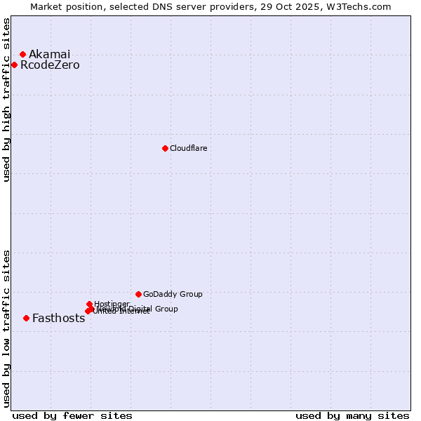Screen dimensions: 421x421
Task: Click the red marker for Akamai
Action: coord(22,54)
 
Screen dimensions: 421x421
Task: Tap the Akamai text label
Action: coord(49,54)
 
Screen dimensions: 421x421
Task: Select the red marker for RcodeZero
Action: coord(14,65)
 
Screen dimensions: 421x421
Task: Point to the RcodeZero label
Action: coord(50,65)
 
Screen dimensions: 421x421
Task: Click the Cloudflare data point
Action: coord(165,148)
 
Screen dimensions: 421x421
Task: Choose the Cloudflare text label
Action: coord(188,148)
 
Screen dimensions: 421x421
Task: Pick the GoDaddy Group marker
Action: coord(138,294)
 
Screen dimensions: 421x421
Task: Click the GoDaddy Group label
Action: coord(173,294)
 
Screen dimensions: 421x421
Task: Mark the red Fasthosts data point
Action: coord(26,318)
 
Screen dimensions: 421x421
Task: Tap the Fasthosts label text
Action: coord(58,318)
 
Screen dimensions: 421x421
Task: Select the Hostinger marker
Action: coord(89,304)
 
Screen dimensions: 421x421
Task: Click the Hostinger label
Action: coord(112,304)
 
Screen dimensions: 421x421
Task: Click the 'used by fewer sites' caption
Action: coord(72,415)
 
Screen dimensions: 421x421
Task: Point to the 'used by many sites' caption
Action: coord(352,415)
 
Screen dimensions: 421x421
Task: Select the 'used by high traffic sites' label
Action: coord(6,100)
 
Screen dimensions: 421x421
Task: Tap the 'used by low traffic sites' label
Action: coord(6,328)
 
